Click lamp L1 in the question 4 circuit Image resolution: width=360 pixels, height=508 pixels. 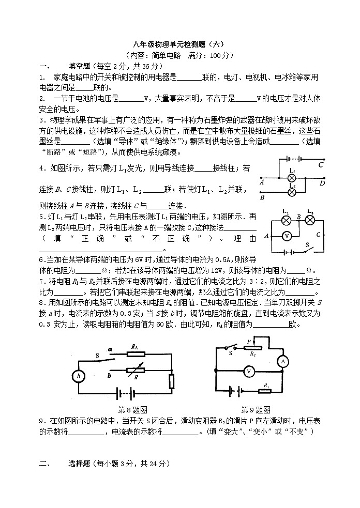(x=291, y=177)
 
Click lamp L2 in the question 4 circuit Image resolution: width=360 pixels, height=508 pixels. (x=291, y=192)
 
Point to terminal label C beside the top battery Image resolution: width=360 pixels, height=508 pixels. (x=321, y=164)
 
